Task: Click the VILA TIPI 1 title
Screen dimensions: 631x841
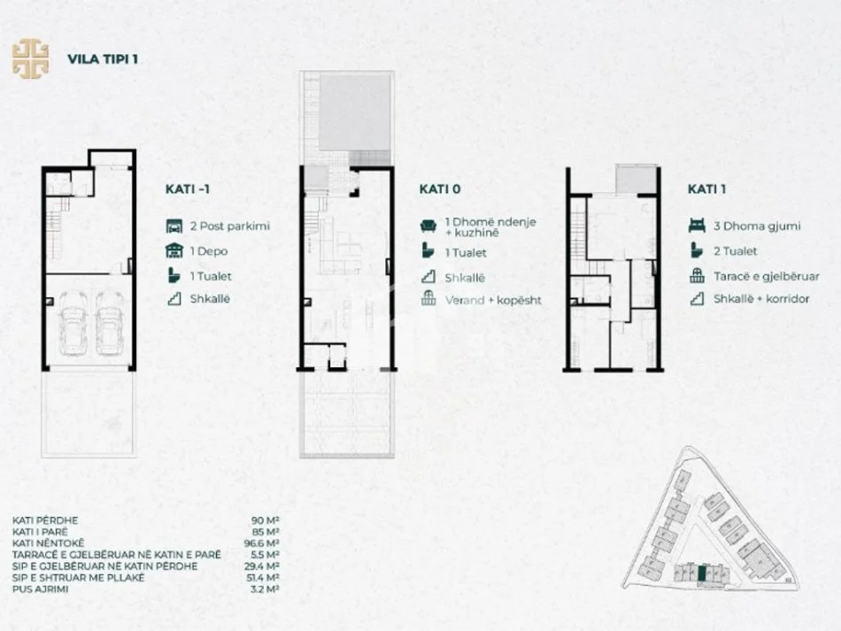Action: point(102,60)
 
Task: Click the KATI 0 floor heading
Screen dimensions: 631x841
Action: point(440,189)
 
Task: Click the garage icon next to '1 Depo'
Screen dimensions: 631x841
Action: point(174,251)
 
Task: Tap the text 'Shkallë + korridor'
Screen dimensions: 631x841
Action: point(761,299)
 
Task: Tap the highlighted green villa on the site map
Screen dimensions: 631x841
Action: point(702,573)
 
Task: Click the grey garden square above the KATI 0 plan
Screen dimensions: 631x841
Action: point(354,113)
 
